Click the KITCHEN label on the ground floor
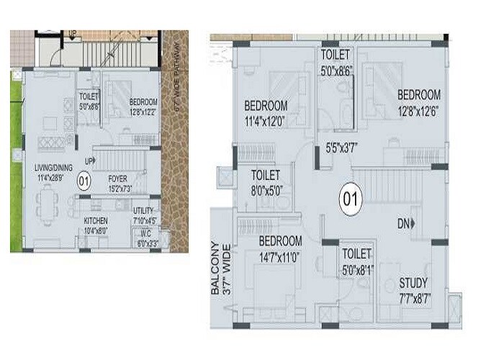96,220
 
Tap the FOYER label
118,177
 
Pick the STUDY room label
413,282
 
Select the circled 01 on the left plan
84,181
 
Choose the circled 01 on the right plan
351,196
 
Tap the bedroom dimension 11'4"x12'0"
266,122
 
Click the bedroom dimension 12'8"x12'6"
418,109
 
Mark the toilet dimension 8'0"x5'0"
264,189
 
